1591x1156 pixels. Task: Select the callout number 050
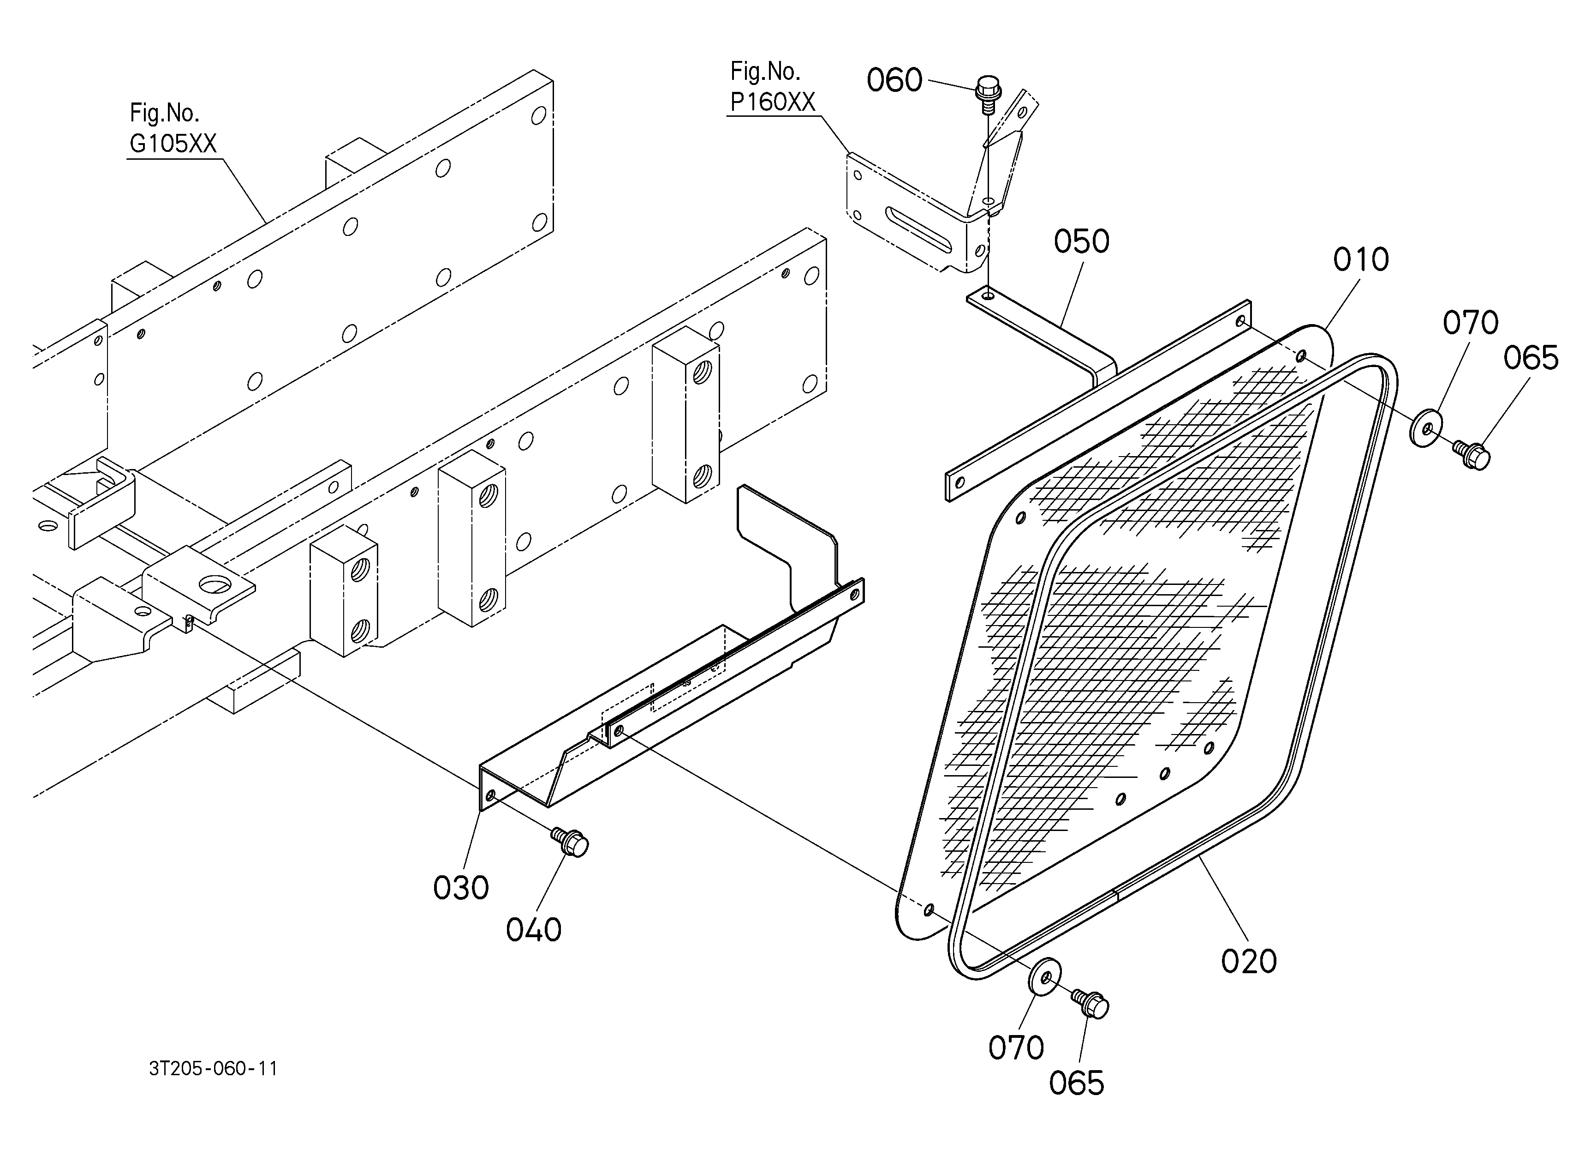[x=1081, y=241]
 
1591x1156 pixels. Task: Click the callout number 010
[x=1361, y=260]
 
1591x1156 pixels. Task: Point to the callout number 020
[x=1249, y=961]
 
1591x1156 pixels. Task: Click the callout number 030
[x=461, y=888]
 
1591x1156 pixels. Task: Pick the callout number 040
[x=534, y=930]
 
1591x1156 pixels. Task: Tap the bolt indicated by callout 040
[x=570, y=842]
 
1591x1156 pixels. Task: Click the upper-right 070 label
[x=1470, y=323]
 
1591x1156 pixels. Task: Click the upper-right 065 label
[x=1531, y=358]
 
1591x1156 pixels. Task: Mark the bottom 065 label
[x=1076, y=1083]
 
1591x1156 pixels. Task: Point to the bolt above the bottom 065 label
[x=1090, y=1004]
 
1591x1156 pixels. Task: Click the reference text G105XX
[x=173, y=143]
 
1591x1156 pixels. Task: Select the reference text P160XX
[x=772, y=102]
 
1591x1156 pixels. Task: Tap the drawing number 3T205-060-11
[x=213, y=1068]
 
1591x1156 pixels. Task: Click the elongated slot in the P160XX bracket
[x=919, y=229]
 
